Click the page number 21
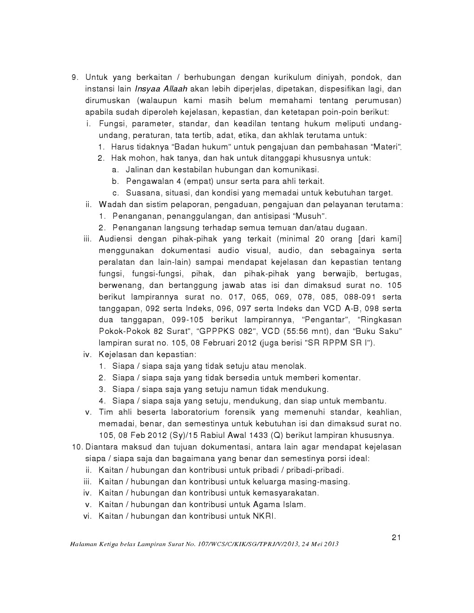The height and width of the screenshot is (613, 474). (396, 538)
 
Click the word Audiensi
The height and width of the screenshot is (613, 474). (116, 239)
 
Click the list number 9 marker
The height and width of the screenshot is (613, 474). (75, 78)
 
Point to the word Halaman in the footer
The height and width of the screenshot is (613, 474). (84, 544)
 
